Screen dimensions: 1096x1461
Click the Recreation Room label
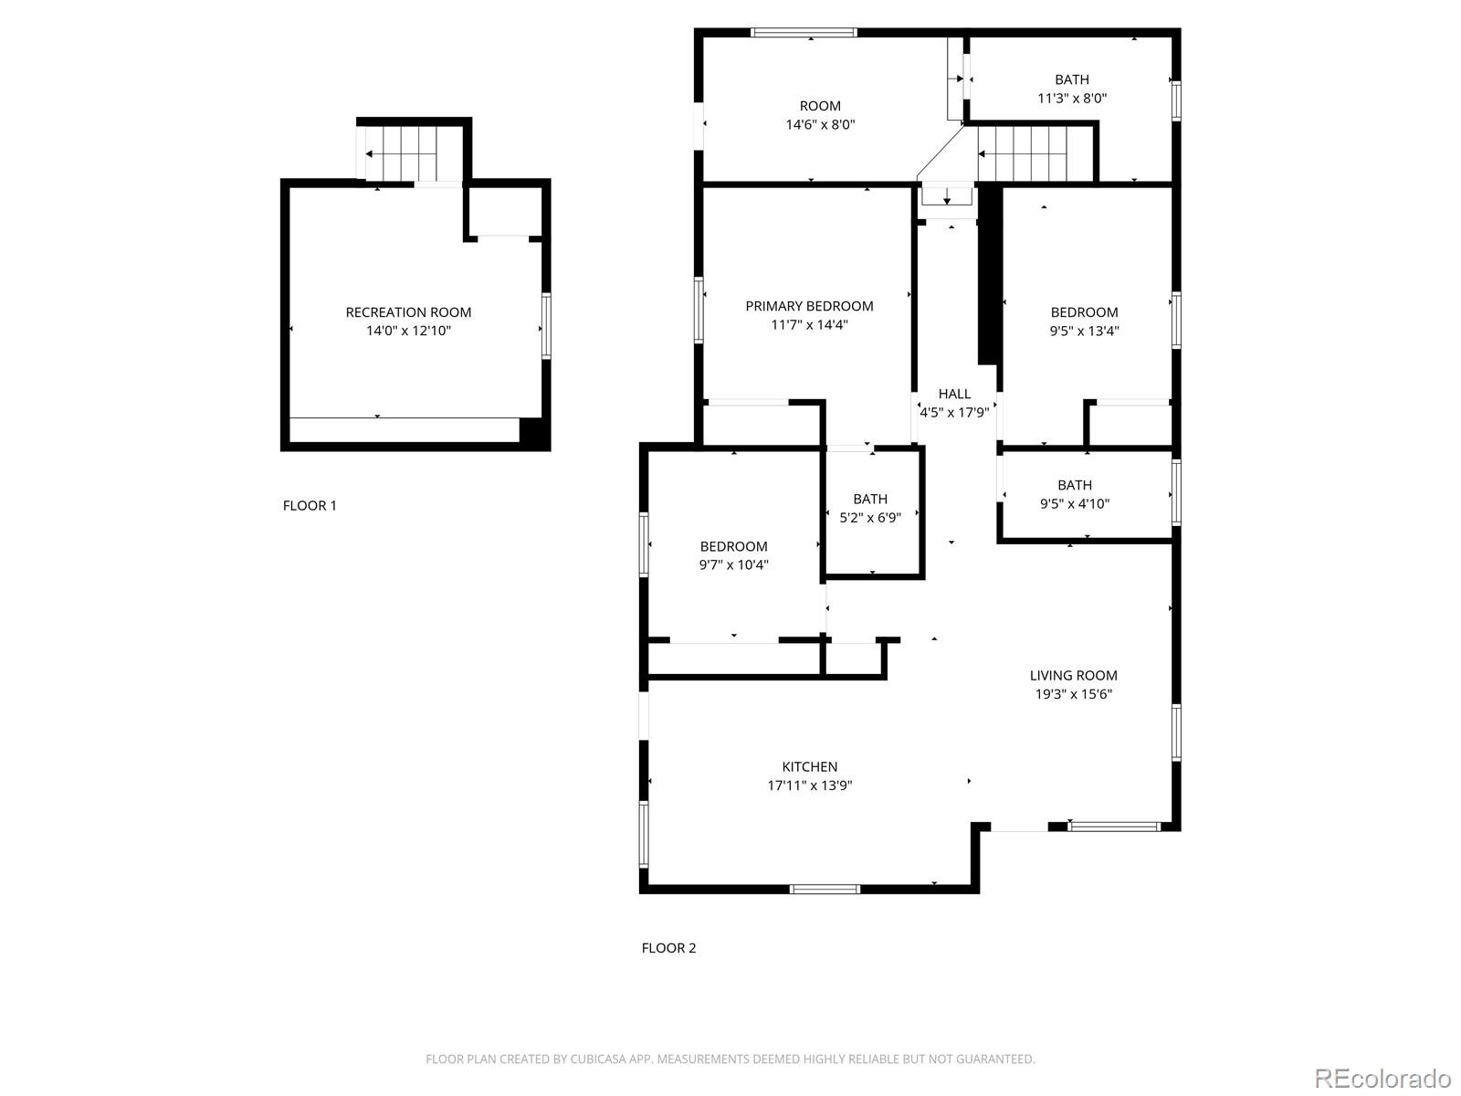(x=408, y=312)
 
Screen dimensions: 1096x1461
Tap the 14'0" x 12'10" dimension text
(x=408, y=331)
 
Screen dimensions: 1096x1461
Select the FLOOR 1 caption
(x=310, y=506)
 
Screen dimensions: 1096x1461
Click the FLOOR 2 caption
(x=668, y=948)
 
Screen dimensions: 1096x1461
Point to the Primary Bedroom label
(x=809, y=306)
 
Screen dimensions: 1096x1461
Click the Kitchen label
(x=809, y=767)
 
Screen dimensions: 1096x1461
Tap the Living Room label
(x=1073, y=676)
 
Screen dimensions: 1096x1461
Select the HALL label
(x=954, y=394)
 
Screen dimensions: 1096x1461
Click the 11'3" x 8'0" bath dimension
(x=1072, y=98)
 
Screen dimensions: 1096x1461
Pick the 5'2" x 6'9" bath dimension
(x=870, y=517)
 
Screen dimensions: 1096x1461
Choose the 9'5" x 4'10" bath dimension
(x=1075, y=503)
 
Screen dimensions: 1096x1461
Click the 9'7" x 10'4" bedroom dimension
(x=733, y=564)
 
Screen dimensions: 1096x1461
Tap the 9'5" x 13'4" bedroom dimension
(x=1084, y=331)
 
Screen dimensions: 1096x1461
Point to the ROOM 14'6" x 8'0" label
(x=820, y=115)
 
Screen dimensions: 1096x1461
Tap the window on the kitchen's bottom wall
(x=825, y=889)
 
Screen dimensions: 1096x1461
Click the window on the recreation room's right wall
(x=546, y=325)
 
